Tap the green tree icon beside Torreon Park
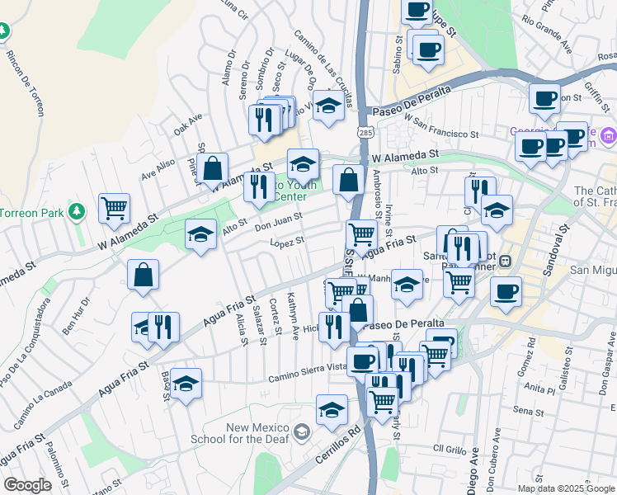77,212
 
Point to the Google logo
27,485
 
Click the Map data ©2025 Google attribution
567,488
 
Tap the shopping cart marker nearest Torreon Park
114,208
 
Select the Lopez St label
288,242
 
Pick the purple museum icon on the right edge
608,135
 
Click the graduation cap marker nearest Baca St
186,384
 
